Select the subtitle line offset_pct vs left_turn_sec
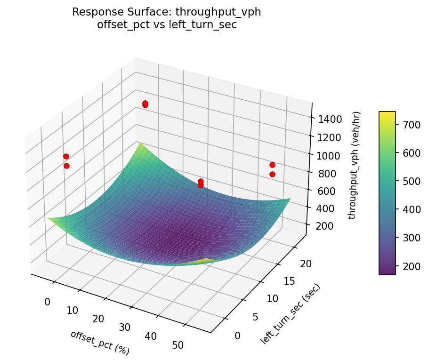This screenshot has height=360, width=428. pyautogui.click(x=167, y=25)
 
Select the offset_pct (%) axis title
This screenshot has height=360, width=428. pyautogui.click(x=100, y=342)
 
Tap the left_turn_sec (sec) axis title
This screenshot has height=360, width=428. pyautogui.click(x=290, y=313)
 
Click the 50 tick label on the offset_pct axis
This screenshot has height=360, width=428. pyautogui.click(x=178, y=345)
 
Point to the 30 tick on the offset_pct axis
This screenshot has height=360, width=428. pyautogui.click(x=125, y=327)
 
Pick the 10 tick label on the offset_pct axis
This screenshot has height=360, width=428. pyautogui.click(x=72, y=310)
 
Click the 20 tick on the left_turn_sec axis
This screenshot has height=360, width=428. pyautogui.click(x=306, y=264)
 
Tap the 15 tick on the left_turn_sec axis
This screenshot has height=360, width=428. pyautogui.click(x=289, y=281)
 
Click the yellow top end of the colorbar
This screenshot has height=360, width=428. pyautogui.click(x=387, y=114)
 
